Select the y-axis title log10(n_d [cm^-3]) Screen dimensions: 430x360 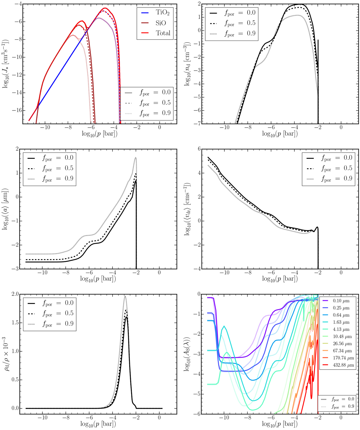click(x=187, y=64)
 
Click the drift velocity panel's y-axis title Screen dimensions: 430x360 click(x=187, y=209)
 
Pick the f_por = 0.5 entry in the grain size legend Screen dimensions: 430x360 click(x=58, y=168)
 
